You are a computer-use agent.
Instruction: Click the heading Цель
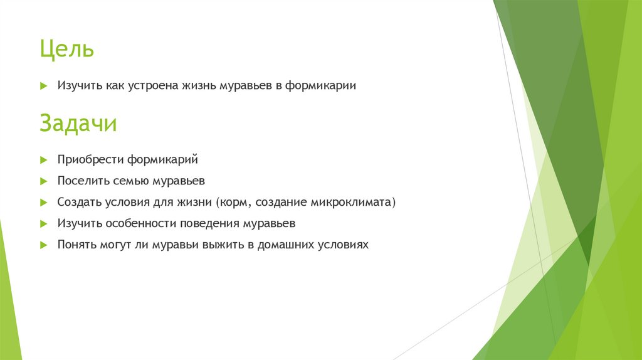(66, 49)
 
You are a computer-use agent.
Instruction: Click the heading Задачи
(78, 124)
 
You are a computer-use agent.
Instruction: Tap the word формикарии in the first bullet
(321, 86)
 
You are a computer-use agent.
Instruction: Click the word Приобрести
(91, 160)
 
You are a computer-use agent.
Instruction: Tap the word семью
(131, 181)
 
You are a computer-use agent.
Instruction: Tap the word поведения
(211, 223)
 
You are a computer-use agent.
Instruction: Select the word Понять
(76, 245)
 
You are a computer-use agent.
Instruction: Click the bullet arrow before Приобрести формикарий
(43, 160)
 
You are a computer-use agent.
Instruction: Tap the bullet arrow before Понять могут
(43, 245)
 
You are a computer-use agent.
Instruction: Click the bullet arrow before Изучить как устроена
(43, 86)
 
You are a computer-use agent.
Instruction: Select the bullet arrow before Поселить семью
(43, 181)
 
